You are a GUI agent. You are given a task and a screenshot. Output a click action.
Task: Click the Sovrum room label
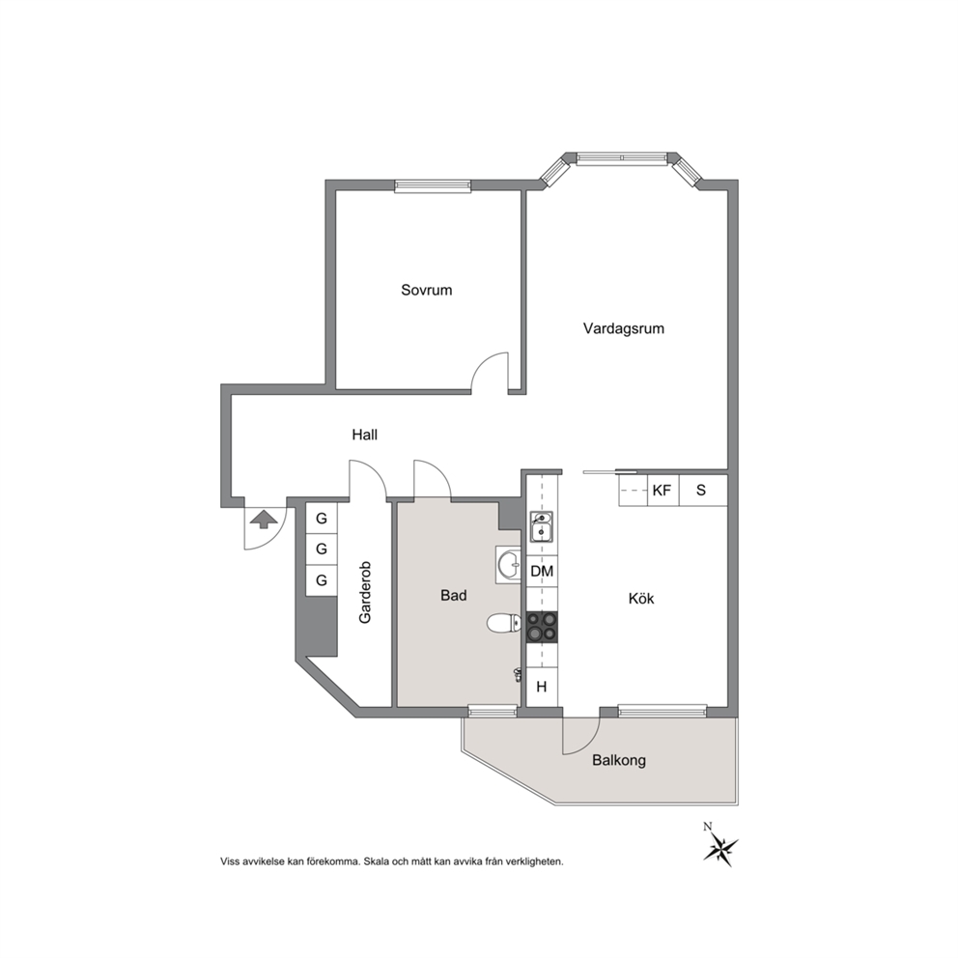(427, 291)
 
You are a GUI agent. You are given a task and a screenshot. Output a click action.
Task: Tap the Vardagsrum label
(623, 328)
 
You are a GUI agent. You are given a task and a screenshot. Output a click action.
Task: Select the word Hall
(365, 435)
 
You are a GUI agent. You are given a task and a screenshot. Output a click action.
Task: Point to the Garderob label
(365, 592)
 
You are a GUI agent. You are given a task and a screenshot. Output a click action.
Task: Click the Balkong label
(619, 761)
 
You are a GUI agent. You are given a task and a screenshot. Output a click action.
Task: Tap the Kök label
(641, 598)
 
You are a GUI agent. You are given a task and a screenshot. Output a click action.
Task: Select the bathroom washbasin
(508, 565)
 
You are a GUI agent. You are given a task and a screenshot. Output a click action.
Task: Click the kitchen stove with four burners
(542, 628)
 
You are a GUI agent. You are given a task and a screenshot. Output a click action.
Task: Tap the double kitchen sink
(542, 526)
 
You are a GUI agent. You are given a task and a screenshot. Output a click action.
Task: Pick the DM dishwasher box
(542, 572)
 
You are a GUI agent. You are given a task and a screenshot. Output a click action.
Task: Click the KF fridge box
(662, 490)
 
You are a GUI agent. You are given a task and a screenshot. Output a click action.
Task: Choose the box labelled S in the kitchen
(703, 490)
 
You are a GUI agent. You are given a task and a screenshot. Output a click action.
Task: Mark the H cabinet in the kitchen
(542, 688)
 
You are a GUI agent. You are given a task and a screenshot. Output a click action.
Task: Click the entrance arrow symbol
(264, 520)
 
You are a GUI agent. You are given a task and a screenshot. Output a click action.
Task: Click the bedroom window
(433, 185)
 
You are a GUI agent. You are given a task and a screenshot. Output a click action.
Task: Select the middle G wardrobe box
(322, 549)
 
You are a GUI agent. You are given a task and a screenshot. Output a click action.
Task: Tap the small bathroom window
(493, 711)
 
